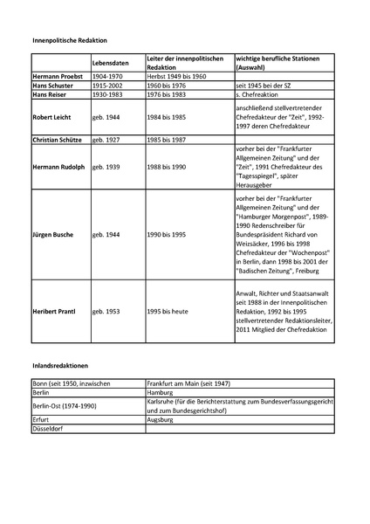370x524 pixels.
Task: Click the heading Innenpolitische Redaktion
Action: pos(69,40)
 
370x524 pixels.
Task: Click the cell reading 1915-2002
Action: pos(109,86)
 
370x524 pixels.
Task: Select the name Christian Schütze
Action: pos(60,138)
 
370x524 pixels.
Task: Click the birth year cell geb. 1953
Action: pos(110,311)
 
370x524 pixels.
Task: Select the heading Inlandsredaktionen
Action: pos(60,362)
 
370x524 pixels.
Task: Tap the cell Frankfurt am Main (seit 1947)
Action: pos(191,383)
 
